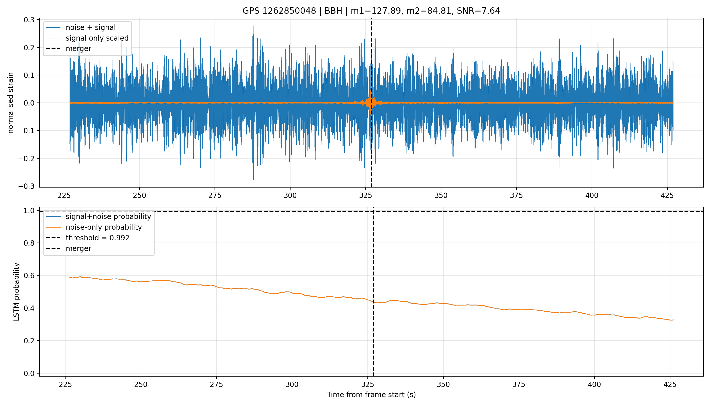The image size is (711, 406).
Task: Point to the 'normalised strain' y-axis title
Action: (x=11, y=103)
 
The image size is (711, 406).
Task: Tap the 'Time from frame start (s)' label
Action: (x=371, y=395)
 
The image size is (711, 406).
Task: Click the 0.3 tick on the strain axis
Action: (x=29, y=20)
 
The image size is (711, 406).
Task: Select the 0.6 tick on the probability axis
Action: (x=29, y=276)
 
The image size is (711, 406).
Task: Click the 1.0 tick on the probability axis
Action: (x=29, y=211)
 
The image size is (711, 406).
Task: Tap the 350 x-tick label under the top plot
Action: (x=441, y=195)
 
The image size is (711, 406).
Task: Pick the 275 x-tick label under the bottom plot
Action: (x=216, y=384)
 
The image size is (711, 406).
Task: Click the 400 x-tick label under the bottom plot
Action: (x=594, y=384)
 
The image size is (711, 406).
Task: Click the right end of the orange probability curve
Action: (x=673, y=320)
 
